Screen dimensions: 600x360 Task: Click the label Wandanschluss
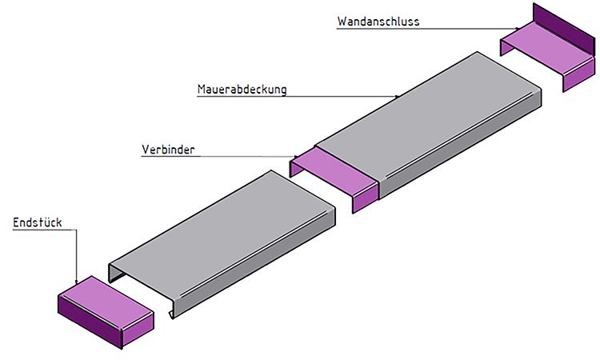[x=378, y=22]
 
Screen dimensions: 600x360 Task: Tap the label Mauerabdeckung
[x=242, y=89]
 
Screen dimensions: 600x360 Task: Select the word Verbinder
[x=168, y=150]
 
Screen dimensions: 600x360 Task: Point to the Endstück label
[x=37, y=222]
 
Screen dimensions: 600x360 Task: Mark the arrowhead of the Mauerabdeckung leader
[x=397, y=96]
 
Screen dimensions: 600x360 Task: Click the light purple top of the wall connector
[x=548, y=46]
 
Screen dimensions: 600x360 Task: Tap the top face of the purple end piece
[x=106, y=302]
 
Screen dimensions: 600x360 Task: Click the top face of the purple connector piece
[x=333, y=171]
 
